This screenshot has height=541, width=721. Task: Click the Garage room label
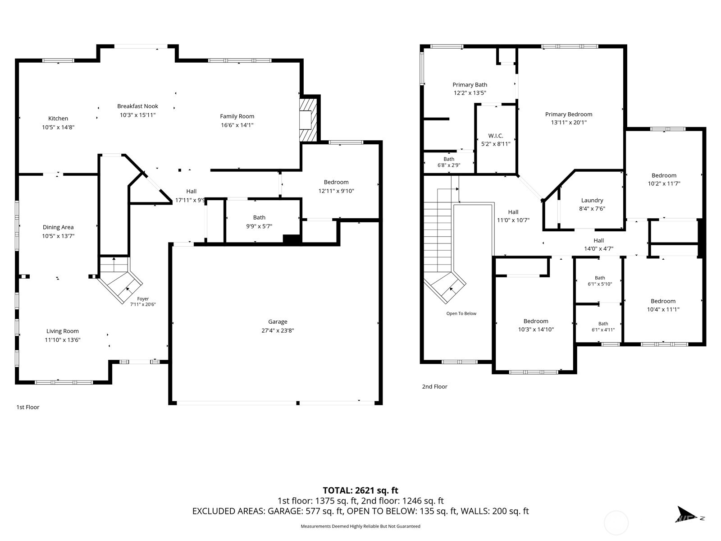pos(278,321)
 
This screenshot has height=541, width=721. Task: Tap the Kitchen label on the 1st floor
pos(58,118)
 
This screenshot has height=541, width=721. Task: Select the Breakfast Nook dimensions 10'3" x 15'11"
pos(137,115)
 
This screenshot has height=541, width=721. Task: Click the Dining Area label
pos(58,227)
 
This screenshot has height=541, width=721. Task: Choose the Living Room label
pos(62,331)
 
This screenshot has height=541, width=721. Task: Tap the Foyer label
pos(143,298)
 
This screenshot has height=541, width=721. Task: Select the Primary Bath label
pos(470,85)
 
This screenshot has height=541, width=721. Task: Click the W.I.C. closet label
pos(496,136)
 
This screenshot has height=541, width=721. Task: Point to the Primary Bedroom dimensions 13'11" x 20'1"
pos(569,123)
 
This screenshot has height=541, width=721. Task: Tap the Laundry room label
pos(592,200)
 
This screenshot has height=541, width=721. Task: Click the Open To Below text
pos(461,313)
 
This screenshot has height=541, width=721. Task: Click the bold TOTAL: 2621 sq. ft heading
pos(360,491)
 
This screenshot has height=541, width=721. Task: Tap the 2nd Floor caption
pos(434,387)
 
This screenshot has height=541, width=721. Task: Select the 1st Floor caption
pos(28,407)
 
